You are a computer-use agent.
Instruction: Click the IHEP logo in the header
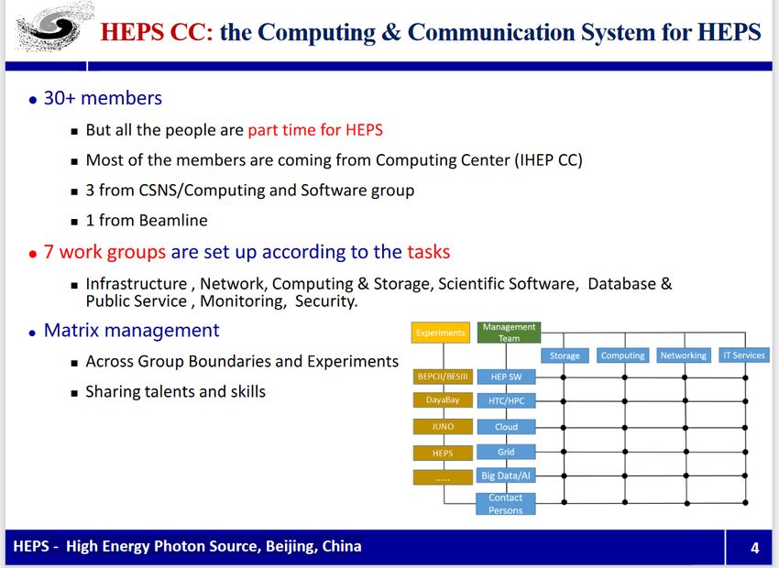coord(53,27)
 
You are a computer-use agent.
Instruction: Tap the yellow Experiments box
coord(441,333)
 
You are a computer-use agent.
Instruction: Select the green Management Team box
coord(509,333)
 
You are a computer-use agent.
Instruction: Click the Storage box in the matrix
coord(565,355)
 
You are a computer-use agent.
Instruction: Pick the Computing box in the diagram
coord(622,355)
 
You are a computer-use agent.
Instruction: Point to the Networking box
coord(683,355)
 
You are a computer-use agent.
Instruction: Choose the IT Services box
coord(744,355)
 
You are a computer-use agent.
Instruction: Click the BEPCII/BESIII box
coord(443,377)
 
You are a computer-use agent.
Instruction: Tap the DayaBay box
coord(443,399)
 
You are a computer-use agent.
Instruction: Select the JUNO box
coord(443,427)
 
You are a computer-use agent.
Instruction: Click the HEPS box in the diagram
coord(443,453)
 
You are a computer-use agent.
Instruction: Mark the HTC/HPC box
coord(506,400)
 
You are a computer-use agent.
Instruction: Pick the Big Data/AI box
coord(506,475)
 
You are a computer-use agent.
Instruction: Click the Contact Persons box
coord(506,504)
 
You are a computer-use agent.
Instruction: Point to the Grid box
coord(506,452)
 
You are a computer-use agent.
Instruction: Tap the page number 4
coord(754,548)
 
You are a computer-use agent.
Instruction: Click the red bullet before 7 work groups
coord(33,254)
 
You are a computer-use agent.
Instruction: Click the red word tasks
coord(428,252)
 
